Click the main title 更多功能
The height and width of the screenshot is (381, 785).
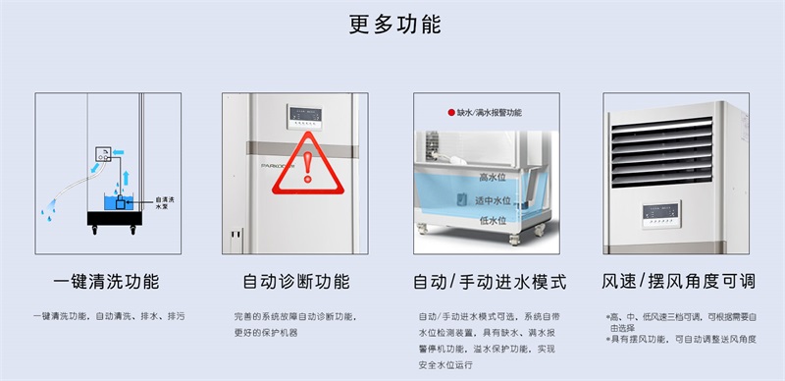[x=392, y=24]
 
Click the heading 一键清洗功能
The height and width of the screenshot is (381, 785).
[x=105, y=282]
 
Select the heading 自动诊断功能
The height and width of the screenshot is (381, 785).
[x=295, y=282]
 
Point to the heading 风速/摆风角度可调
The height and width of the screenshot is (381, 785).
[x=679, y=282]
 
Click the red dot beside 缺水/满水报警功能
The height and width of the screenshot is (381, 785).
[x=450, y=113]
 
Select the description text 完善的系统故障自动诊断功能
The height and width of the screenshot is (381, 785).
[x=295, y=317]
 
